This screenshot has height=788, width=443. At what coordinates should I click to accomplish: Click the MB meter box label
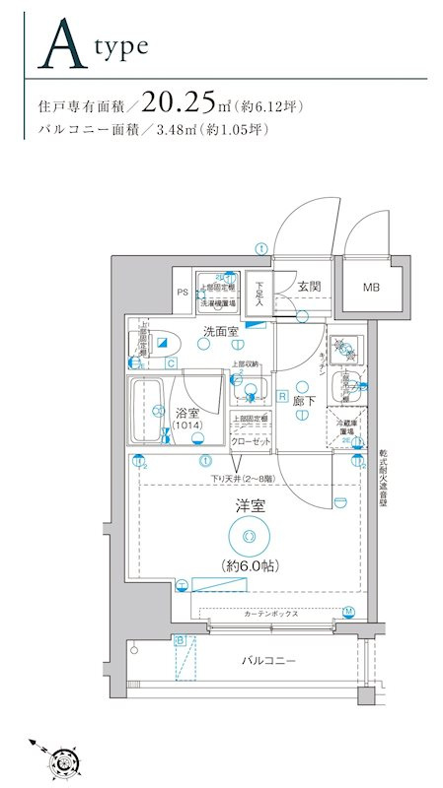tap(370, 288)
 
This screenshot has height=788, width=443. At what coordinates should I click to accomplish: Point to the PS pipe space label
tap(183, 293)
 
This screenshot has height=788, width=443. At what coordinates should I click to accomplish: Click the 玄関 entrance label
tap(308, 287)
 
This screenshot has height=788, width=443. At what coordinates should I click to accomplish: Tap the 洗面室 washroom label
tap(220, 332)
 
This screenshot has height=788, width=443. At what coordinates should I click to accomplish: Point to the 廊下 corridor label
tap(304, 401)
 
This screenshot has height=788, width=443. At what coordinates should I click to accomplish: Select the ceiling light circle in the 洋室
tap(248, 535)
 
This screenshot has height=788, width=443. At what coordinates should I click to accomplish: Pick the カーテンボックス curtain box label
tap(271, 613)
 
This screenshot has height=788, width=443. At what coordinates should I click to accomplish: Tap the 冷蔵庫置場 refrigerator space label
tap(347, 425)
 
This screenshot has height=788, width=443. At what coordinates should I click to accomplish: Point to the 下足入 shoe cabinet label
tap(258, 294)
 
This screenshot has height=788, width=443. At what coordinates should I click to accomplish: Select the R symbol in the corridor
tap(282, 397)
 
